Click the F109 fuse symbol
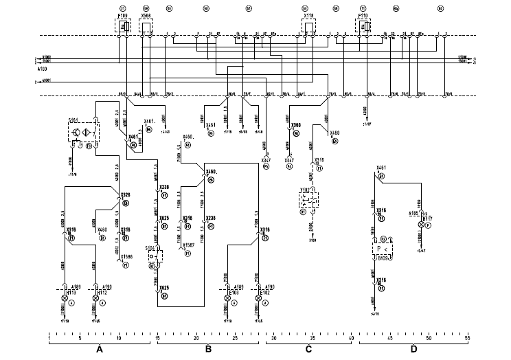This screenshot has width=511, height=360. tap(124, 26)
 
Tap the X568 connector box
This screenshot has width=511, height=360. tap(146, 26)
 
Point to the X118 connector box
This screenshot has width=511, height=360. tap(309, 26)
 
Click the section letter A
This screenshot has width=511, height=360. tap(100, 350)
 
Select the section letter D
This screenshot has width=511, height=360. tap(413, 350)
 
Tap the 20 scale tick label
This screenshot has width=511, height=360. tap(197, 337)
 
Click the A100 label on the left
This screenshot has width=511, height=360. tap(43, 70)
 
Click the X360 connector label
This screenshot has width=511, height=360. tap(295, 125)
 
